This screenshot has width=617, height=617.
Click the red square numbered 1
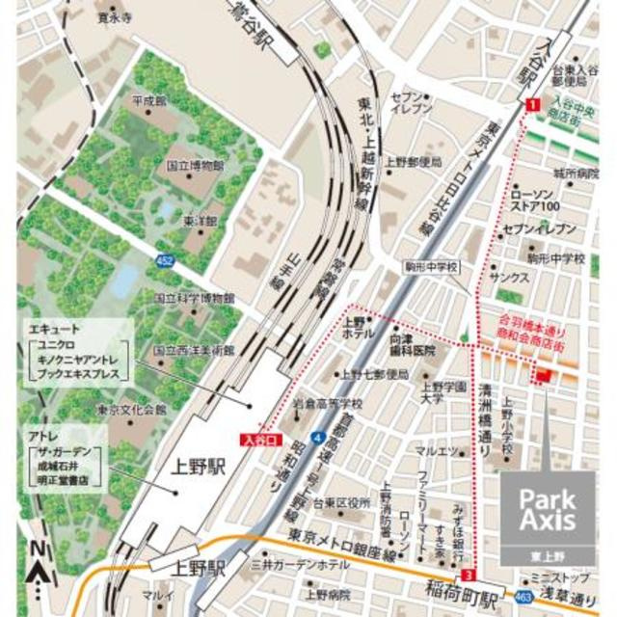531,104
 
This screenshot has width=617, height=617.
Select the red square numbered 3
469,575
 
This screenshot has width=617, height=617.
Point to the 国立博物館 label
196,165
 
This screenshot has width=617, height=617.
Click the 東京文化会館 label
132,410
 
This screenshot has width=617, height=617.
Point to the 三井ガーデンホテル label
299,562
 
